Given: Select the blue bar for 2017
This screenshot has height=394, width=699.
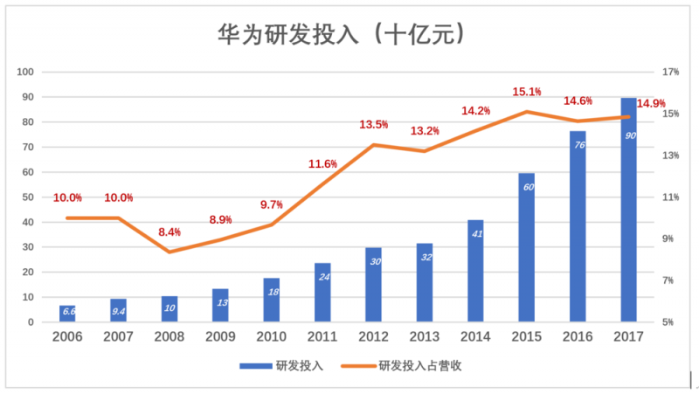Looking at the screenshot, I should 628,210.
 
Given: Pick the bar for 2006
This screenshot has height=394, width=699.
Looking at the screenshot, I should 67,314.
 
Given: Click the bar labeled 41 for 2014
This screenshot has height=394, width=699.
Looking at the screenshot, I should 475,271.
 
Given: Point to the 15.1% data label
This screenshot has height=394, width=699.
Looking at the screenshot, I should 526,92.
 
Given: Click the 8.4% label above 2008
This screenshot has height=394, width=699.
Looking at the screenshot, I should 169,232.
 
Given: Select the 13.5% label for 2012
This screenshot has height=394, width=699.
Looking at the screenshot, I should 373,125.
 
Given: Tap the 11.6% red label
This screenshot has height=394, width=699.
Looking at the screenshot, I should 322,164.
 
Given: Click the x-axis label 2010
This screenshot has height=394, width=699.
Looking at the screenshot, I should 271,336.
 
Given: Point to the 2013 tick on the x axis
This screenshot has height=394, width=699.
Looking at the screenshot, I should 424,336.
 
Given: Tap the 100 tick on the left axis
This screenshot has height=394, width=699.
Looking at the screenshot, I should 25,72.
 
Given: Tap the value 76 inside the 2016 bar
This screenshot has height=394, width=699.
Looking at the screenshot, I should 578,144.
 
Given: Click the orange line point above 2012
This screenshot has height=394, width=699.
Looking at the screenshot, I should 373,145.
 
